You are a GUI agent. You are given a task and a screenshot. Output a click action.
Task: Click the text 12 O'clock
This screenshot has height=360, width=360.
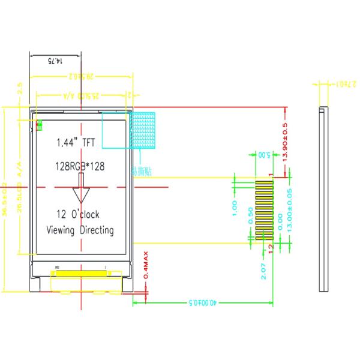coord(77,214)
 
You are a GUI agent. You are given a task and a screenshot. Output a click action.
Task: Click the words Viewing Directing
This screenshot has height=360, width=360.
coord(80,230)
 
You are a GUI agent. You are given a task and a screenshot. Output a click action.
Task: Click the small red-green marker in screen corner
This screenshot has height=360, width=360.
coord(40,125)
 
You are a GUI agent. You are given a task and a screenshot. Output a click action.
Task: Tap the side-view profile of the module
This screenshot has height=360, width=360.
coord(324,199)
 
